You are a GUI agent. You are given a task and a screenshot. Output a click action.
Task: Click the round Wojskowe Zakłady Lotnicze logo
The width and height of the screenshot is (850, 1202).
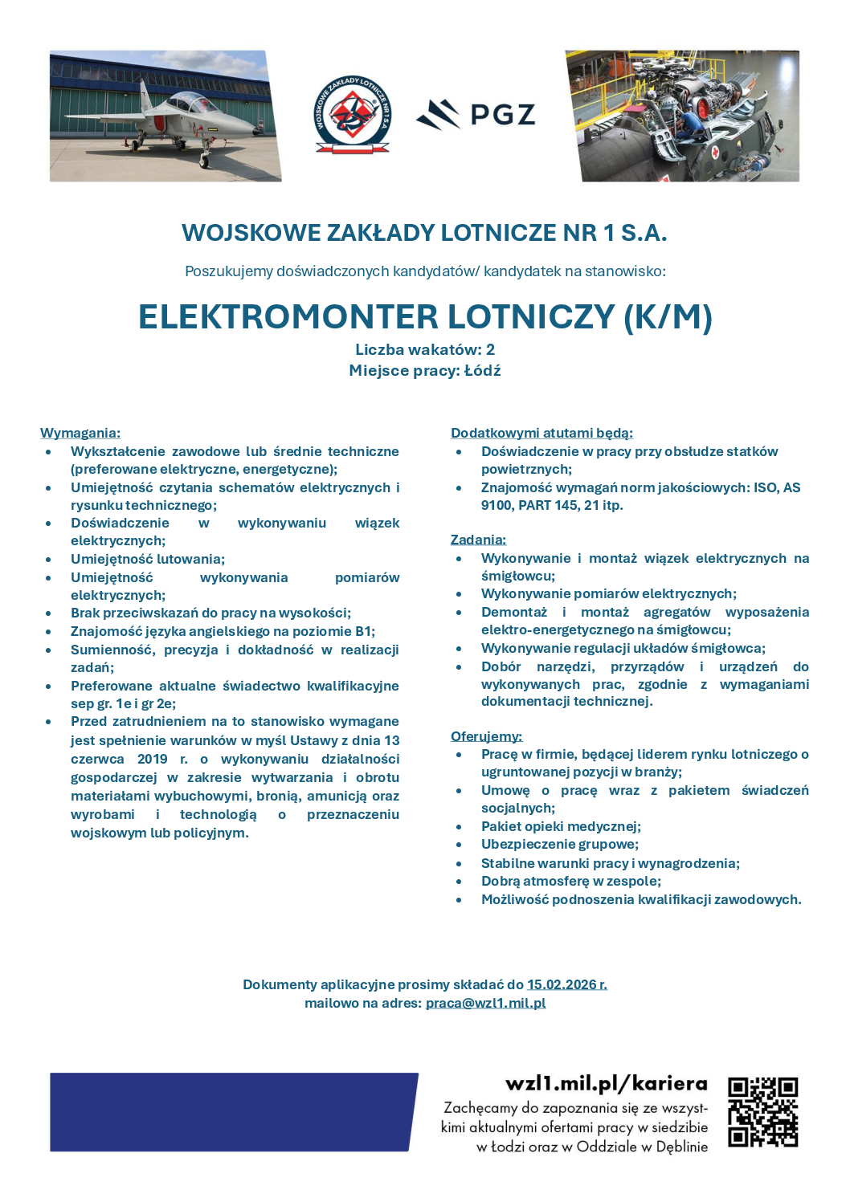pos(352,116)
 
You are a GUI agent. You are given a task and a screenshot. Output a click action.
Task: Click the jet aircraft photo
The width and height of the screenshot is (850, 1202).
pos(165,116)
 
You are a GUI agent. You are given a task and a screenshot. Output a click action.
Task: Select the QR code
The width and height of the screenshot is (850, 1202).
pos(762,1112)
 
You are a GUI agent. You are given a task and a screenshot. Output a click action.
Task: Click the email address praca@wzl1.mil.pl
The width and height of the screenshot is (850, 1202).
pos(485,1003)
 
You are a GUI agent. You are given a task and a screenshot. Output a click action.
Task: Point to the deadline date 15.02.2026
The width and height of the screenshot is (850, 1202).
pos(566,984)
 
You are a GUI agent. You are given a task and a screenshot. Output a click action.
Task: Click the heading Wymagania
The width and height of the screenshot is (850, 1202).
pos(80,433)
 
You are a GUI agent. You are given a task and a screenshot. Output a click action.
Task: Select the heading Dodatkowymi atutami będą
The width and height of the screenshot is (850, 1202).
pos(541,433)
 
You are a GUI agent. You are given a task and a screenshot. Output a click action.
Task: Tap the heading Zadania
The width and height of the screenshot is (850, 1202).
pos(478,540)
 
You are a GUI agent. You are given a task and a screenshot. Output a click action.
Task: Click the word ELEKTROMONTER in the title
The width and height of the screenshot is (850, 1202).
pos(288,317)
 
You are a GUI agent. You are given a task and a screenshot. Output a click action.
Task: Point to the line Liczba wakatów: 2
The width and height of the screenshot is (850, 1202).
pos(425,349)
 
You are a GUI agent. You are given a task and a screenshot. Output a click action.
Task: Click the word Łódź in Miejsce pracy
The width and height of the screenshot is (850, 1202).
pos(482,370)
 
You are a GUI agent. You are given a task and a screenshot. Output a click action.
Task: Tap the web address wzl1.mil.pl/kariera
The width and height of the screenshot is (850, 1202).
pos(607,1084)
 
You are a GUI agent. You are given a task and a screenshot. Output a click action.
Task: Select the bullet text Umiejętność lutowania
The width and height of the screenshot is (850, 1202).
pos(148,559)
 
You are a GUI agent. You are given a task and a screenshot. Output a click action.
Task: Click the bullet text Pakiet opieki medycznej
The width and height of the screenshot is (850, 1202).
pos(561,826)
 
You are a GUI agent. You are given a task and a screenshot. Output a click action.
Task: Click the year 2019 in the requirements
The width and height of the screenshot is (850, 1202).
pos(153,759)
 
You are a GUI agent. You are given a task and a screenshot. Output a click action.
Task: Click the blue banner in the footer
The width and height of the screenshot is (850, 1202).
pos(233,1112)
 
